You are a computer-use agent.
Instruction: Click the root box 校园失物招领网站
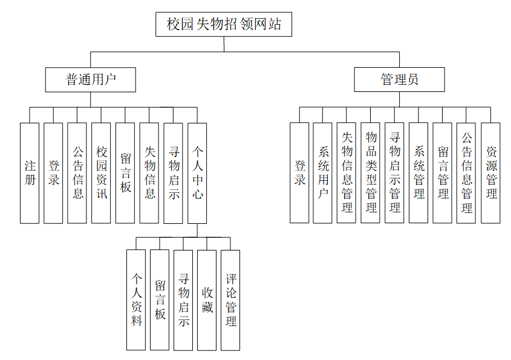[x=223, y=25]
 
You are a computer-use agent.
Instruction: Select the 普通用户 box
[x=90, y=79]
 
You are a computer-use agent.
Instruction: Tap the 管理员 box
[x=399, y=79]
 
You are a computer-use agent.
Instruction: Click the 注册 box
[x=30, y=173]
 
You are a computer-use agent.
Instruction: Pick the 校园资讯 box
[x=101, y=173]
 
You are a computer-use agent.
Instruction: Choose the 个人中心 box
[x=197, y=173]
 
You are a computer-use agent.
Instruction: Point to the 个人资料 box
[x=136, y=299]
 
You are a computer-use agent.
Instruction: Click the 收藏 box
[x=207, y=299]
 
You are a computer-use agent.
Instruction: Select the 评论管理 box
[x=230, y=299]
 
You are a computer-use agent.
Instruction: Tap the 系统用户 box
[x=322, y=173]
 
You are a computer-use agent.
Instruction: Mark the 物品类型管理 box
[x=371, y=173]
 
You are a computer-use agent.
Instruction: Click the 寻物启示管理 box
[x=394, y=173]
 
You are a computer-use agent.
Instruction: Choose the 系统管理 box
[x=418, y=173]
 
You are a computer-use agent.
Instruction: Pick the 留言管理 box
[x=442, y=173]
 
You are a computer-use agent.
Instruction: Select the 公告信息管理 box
[x=466, y=173]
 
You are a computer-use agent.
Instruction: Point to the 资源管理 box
[x=490, y=173]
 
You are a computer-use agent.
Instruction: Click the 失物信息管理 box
[x=347, y=173]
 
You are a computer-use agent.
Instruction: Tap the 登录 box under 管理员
[x=299, y=173]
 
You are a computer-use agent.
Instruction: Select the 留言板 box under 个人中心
[x=160, y=299]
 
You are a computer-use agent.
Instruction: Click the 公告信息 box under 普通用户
[x=77, y=173]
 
